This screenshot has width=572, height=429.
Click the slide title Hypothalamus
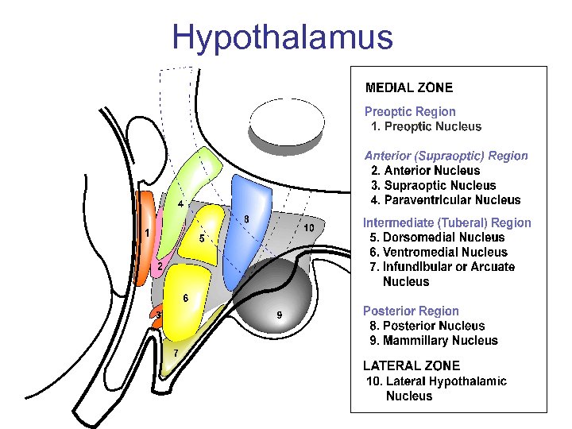point(282,37)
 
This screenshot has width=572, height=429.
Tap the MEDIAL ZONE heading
point(409,87)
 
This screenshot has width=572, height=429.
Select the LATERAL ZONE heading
point(412,365)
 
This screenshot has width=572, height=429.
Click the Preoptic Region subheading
point(410,112)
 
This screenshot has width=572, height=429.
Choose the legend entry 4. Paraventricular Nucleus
point(446,200)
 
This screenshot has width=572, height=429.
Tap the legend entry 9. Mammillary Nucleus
point(434,341)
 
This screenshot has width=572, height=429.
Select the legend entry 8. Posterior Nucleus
point(427,326)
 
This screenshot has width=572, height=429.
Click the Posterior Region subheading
point(411,311)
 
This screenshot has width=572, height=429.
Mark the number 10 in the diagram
point(309,229)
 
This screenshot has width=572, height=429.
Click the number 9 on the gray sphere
point(279,315)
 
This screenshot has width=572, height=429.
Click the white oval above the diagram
point(286,122)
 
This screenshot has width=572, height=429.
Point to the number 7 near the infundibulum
point(175,353)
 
